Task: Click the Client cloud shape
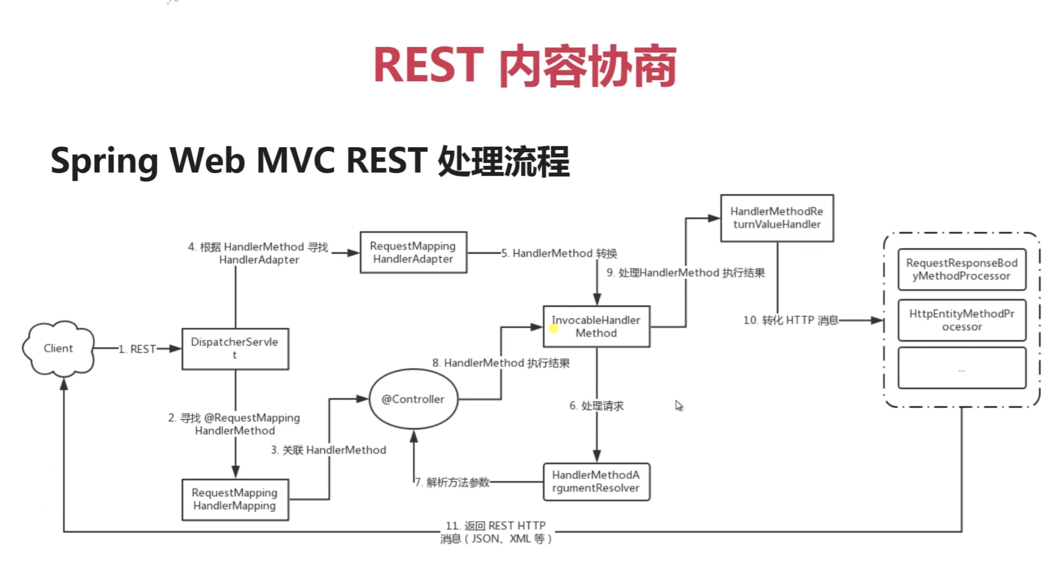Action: point(58,348)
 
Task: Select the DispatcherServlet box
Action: point(235,349)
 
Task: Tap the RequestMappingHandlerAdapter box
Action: point(413,253)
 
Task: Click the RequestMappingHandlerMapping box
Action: point(235,500)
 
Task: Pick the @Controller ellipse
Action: point(413,399)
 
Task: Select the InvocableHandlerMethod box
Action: point(596,327)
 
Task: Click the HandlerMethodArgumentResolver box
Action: point(596,482)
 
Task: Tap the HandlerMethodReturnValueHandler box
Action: point(777,218)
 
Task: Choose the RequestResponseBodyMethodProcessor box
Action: point(962,270)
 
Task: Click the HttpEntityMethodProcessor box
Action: point(962,320)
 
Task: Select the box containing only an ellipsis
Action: point(962,368)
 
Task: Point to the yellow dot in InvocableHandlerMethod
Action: point(553,328)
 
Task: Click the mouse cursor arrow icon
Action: point(679,405)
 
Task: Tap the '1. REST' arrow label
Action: point(137,349)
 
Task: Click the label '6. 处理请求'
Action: point(597,406)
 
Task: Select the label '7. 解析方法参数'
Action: point(453,482)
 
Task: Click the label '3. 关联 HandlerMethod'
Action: point(329,450)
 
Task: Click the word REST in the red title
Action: point(428,65)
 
